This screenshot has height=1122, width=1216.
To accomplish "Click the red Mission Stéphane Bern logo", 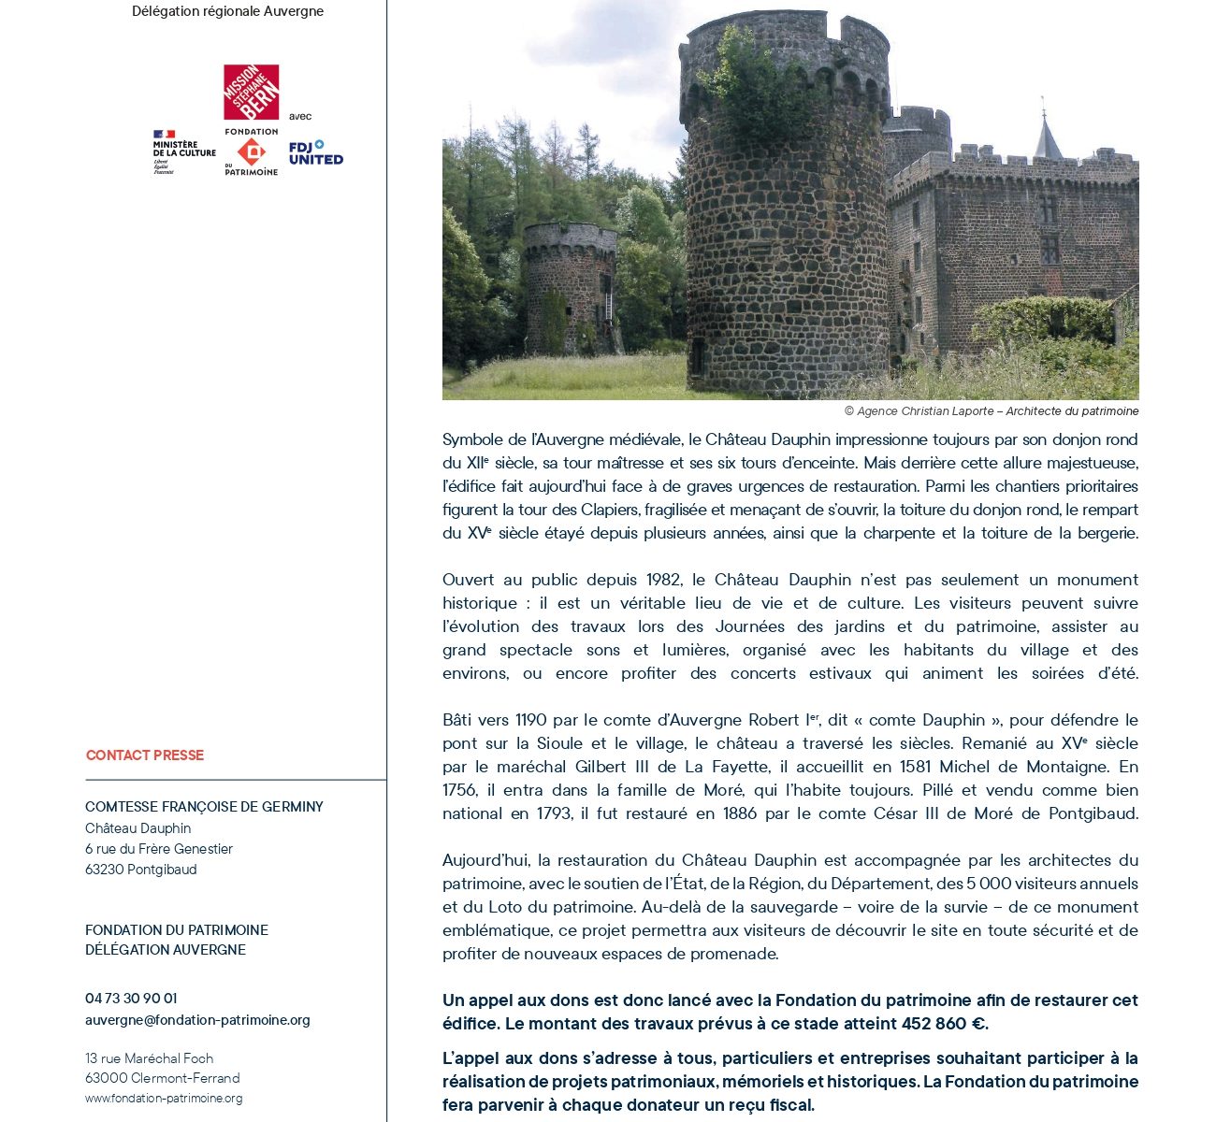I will click(x=251, y=92).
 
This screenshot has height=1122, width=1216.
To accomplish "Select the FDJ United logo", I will click(x=315, y=153).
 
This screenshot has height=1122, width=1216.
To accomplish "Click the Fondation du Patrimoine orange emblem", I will click(x=251, y=151).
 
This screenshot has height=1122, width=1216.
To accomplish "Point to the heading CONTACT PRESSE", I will click(x=145, y=755).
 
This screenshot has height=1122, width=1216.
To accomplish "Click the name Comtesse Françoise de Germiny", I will click(x=204, y=807).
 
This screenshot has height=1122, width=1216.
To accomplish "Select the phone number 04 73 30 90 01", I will click(x=131, y=999).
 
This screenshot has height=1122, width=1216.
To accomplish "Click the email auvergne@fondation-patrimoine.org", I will click(x=197, y=1020).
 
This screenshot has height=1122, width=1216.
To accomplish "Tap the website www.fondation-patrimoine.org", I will click(x=164, y=1099).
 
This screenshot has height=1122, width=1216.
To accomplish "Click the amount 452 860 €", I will click(x=943, y=1024).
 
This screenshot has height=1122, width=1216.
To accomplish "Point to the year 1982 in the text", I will click(x=663, y=580).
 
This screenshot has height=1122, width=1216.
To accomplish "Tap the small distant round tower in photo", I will click(x=570, y=285).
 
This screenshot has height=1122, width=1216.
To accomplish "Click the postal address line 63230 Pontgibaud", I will click(x=141, y=870).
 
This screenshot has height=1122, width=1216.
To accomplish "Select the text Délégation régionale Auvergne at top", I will click(x=227, y=11).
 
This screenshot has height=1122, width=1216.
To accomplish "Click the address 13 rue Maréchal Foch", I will click(x=150, y=1058).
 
